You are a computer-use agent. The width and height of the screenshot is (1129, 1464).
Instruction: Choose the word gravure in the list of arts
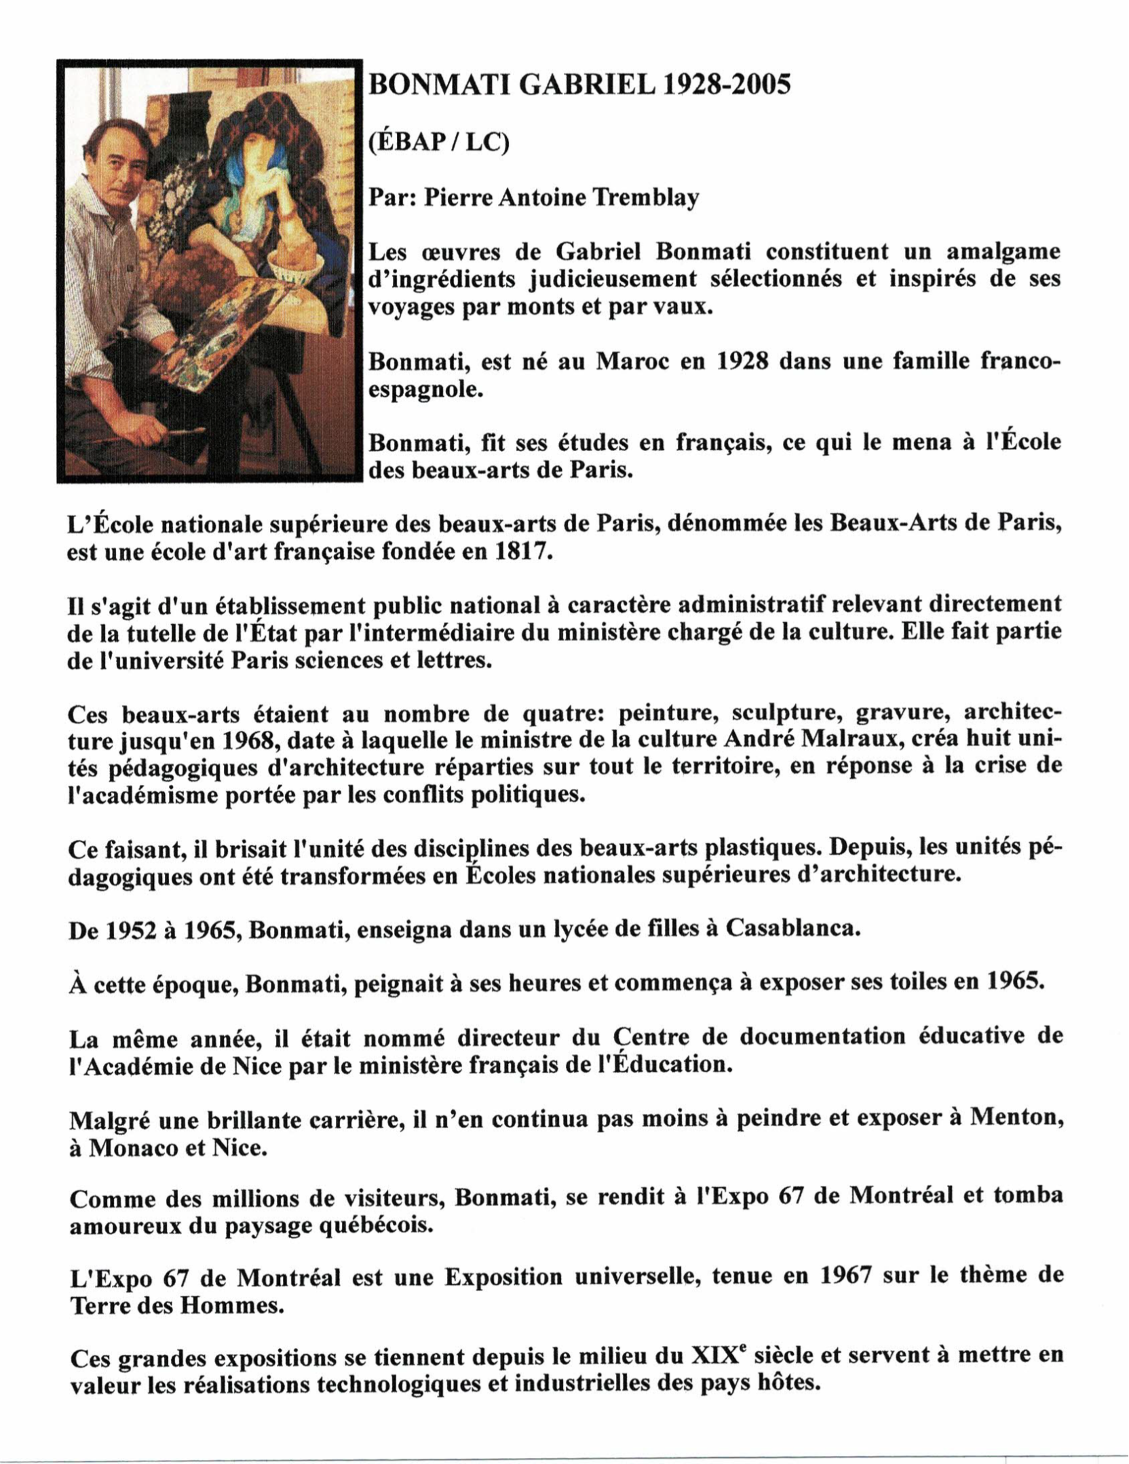[900, 714]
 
